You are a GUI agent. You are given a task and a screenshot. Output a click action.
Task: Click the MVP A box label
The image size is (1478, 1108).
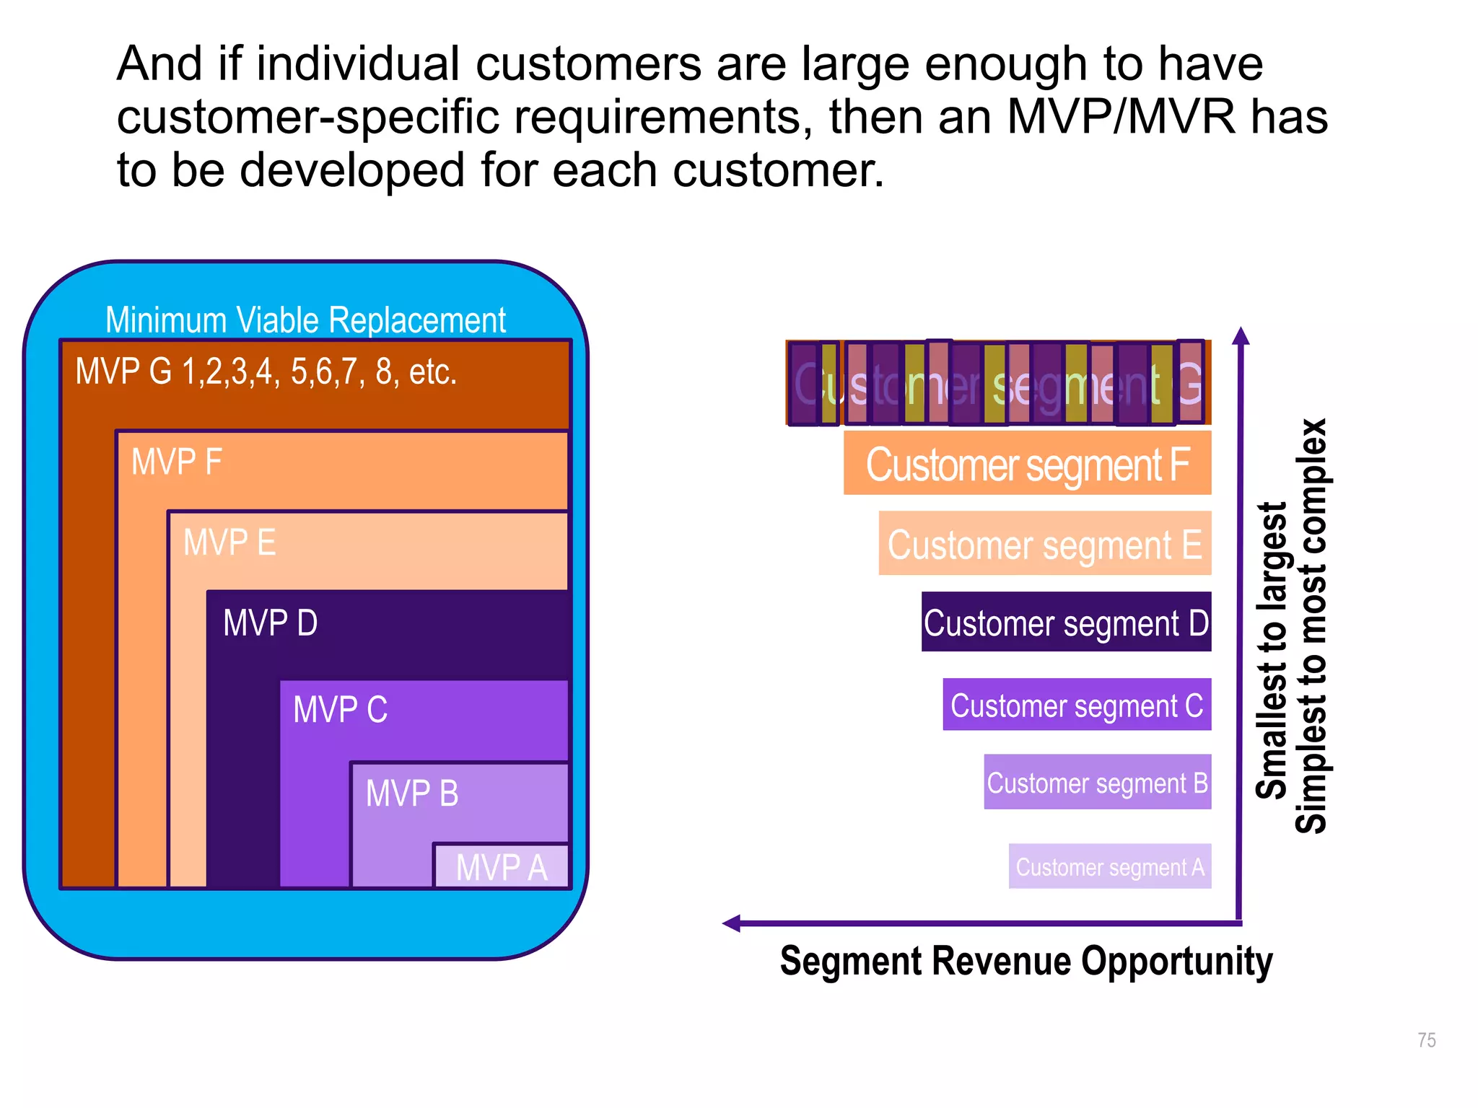click(x=502, y=867)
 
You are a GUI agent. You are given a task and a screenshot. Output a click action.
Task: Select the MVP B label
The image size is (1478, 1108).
click(x=412, y=793)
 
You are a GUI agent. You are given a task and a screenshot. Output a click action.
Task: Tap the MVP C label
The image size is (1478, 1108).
click(x=340, y=710)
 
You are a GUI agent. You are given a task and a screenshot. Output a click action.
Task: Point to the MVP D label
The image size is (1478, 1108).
click(x=270, y=623)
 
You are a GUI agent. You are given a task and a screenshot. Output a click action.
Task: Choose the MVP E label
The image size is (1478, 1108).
click(x=229, y=542)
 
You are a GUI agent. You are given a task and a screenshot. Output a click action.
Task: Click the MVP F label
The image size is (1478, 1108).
click(x=176, y=462)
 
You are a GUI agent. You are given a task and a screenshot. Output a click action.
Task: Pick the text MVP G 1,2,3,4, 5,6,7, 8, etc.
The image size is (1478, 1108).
click(x=266, y=372)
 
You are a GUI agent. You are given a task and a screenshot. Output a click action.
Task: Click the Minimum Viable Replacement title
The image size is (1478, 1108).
click(x=305, y=320)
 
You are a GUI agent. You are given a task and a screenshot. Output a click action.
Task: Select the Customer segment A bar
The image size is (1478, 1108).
click(x=1109, y=866)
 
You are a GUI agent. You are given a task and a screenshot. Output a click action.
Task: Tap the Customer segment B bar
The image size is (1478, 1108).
click(x=1097, y=783)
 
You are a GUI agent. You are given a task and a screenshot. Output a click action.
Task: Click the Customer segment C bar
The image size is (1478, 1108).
click(x=1077, y=705)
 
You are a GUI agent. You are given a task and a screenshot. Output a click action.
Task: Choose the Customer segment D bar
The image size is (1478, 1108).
click(x=1066, y=623)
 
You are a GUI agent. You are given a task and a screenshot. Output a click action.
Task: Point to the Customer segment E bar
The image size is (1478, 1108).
click(x=1044, y=544)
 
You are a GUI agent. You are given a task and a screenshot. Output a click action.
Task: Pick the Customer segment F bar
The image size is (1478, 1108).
click(x=1027, y=463)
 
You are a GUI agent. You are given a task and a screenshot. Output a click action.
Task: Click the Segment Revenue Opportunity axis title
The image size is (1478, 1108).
click(x=1026, y=962)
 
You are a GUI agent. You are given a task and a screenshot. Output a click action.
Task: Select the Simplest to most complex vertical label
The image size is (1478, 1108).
click(x=1311, y=626)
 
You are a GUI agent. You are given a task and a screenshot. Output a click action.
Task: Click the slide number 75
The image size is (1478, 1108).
click(x=1426, y=1040)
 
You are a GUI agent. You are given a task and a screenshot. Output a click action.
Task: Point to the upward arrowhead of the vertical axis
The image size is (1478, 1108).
click(x=1241, y=335)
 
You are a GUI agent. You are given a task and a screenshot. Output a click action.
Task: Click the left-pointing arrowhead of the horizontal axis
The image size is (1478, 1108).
click(x=731, y=923)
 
